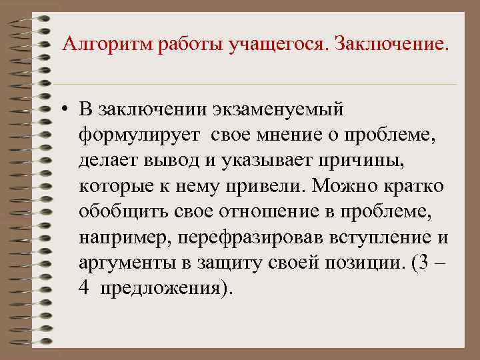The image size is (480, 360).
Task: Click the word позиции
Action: tap(367, 264)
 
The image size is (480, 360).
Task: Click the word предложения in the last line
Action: tap(163, 289)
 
